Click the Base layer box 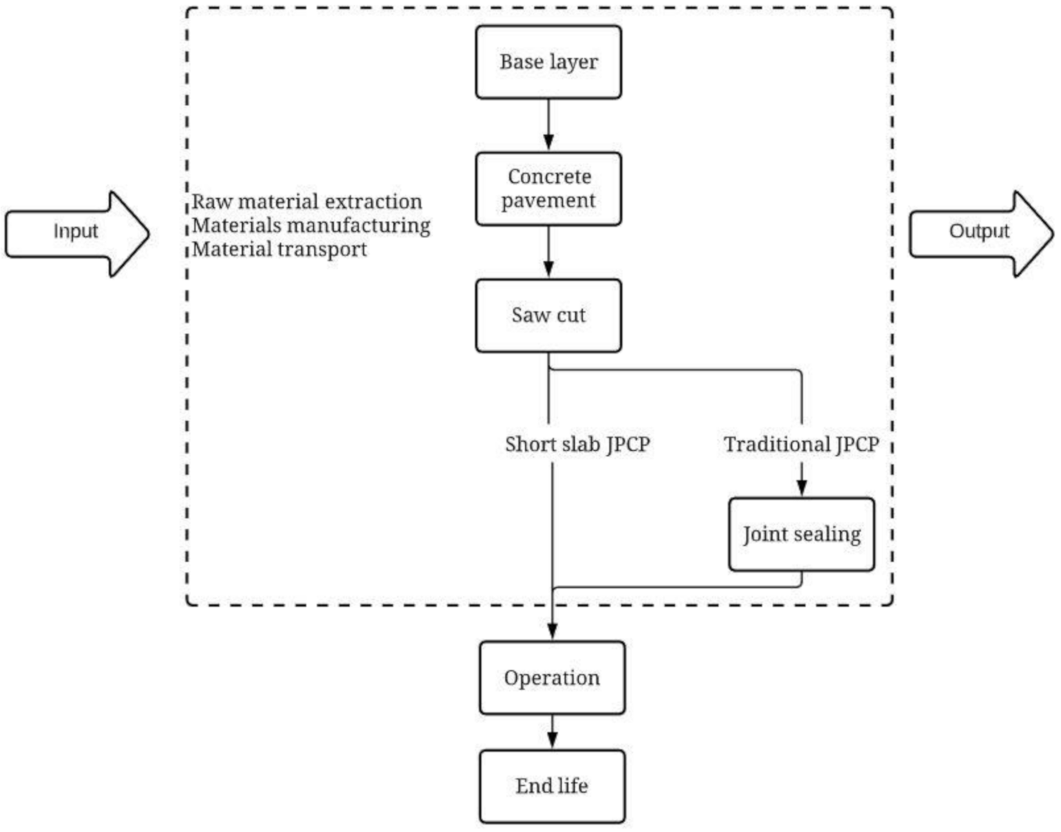click(x=548, y=62)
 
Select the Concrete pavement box click(x=548, y=189)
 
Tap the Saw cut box click(x=548, y=315)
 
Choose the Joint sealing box click(x=802, y=534)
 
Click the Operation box click(x=552, y=678)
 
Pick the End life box click(x=552, y=786)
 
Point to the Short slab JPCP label click(x=577, y=445)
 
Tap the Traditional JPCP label click(x=801, y=445)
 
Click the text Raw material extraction click(x=307, y=202)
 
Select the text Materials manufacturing click(x=311, y=226)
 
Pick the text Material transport click(x=279, y=249)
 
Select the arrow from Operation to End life click(x=552, y=732)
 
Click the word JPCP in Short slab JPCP click(x=628, y=445)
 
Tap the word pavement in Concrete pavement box click(x=548, y=201)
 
